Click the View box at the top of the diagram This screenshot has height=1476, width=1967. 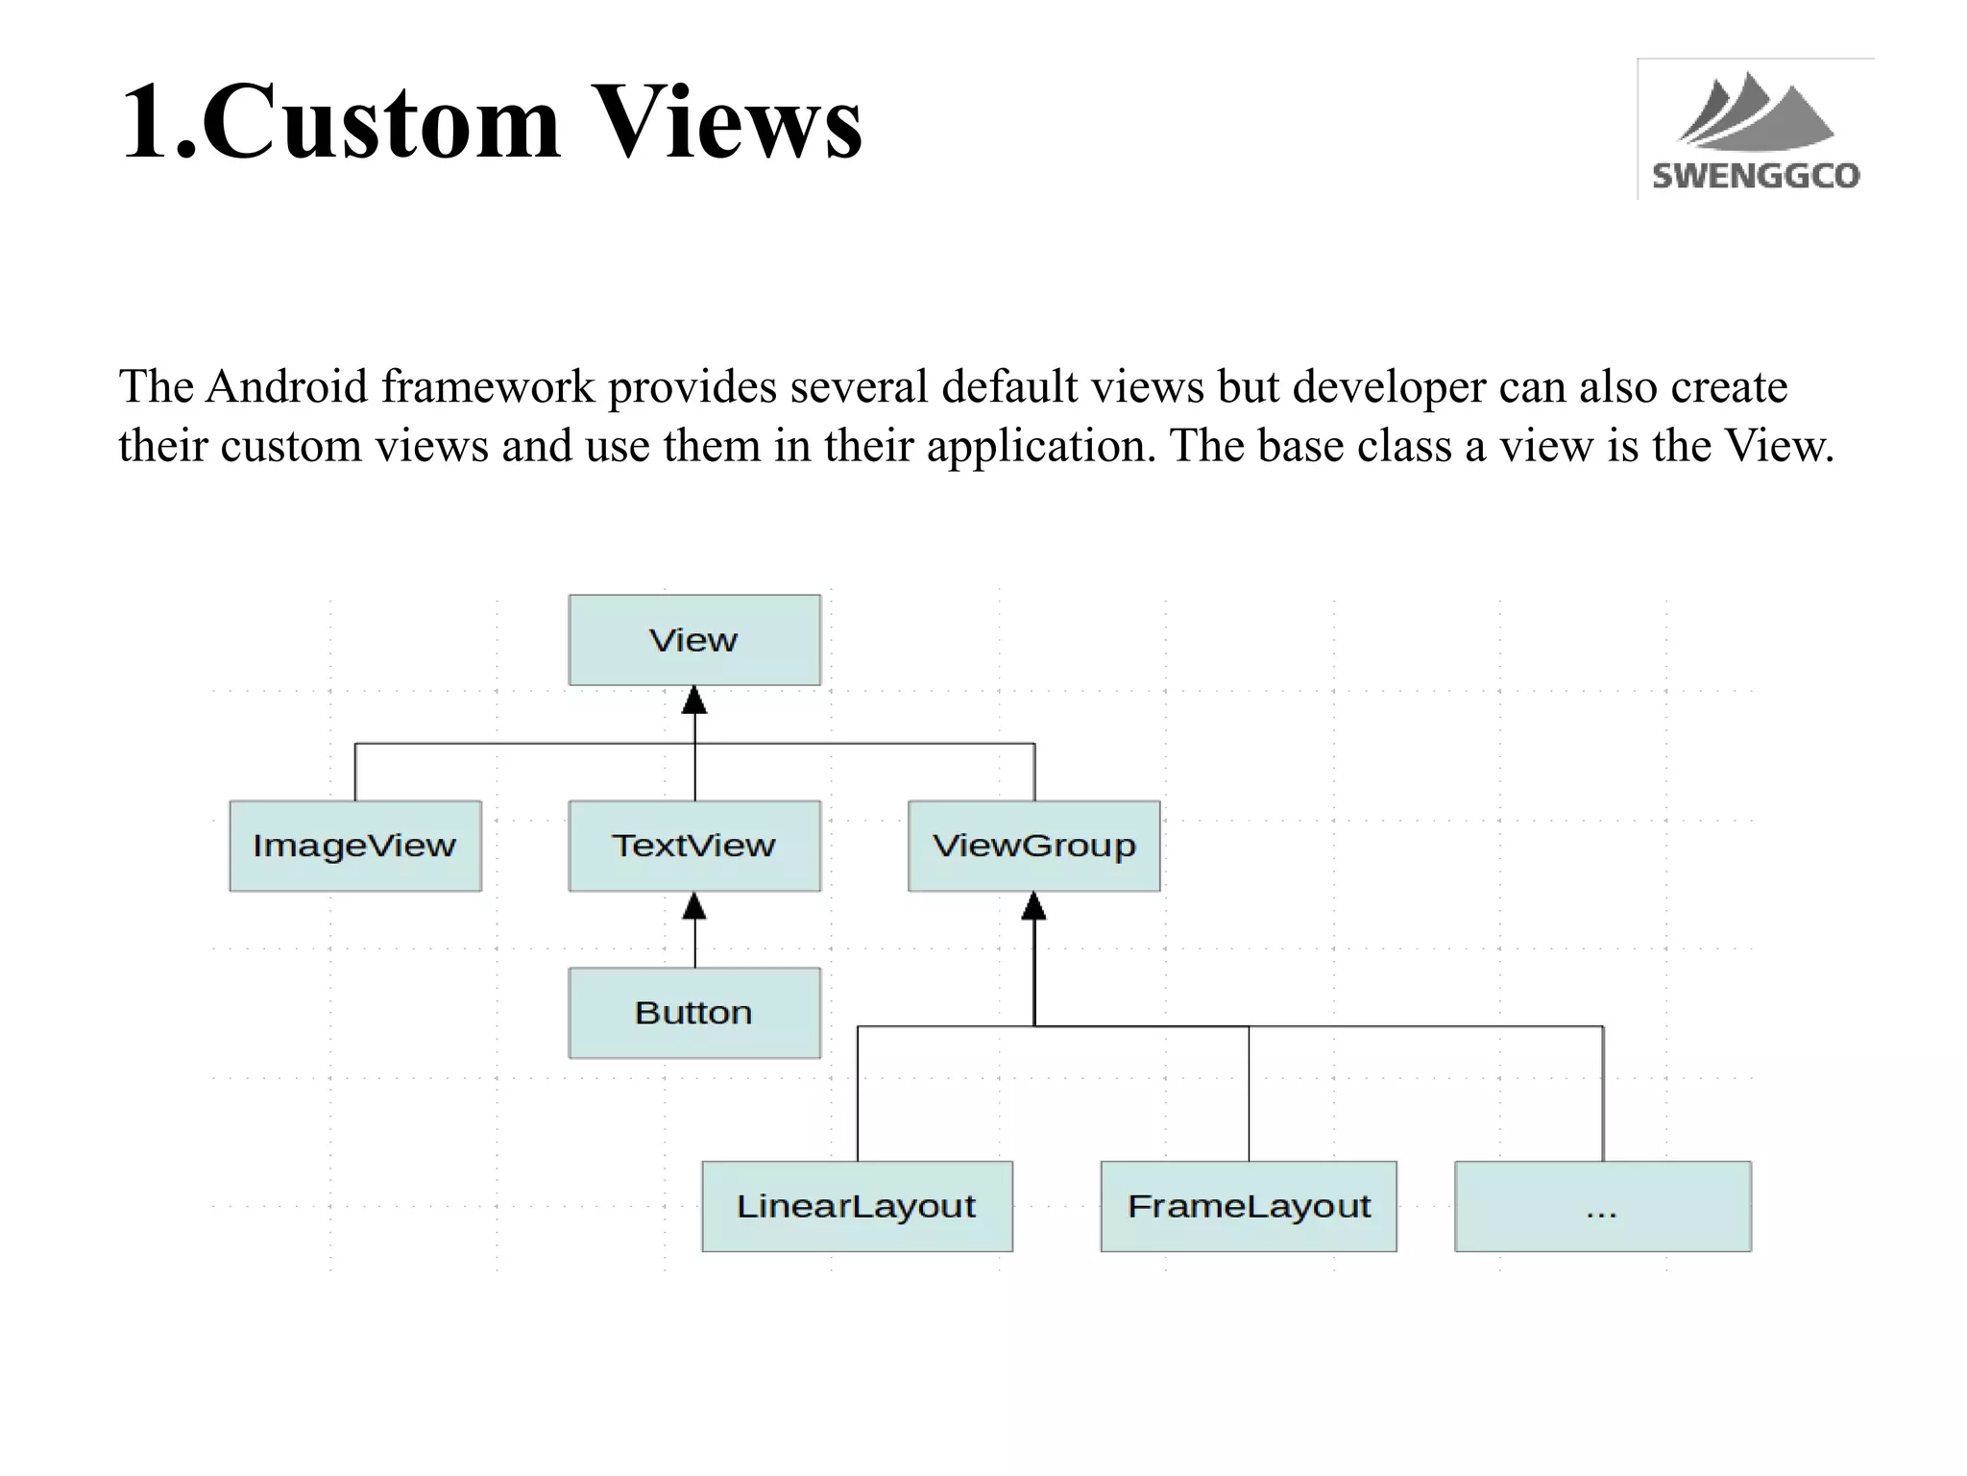(693, 640)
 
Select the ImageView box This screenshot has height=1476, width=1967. (354, 846)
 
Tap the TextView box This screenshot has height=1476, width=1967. (693, 846)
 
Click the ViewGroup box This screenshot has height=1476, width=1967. (1033, 846)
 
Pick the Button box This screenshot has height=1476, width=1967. (693, 1013)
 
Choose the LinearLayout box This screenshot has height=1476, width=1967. (856, 1206)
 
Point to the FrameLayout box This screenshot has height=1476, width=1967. (1249, 1206)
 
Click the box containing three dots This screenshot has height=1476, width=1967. (1602, 1206)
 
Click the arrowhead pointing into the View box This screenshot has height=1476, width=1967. (694, 701)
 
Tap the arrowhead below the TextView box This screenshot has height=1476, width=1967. (694, 906)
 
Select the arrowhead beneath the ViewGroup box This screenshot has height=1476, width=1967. (1033, 906)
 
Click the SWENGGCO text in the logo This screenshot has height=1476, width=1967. (1756, 176)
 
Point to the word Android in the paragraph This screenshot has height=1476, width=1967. (286, 387)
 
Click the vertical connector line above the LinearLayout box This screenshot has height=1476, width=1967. (858, 1095)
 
